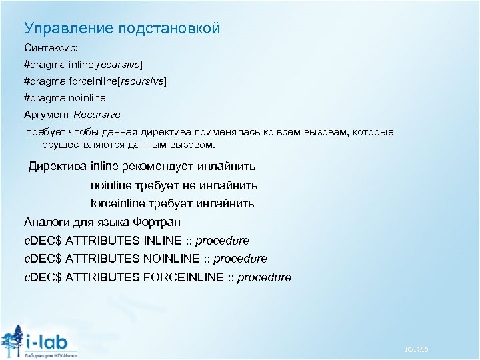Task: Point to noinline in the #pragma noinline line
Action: [x=86, y=97]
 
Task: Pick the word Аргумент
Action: [x=47, y=114]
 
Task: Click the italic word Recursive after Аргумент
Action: [x=97, y=114]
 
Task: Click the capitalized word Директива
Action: [x=57, y=166]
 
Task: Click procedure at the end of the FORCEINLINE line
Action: [x=264, y=277]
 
